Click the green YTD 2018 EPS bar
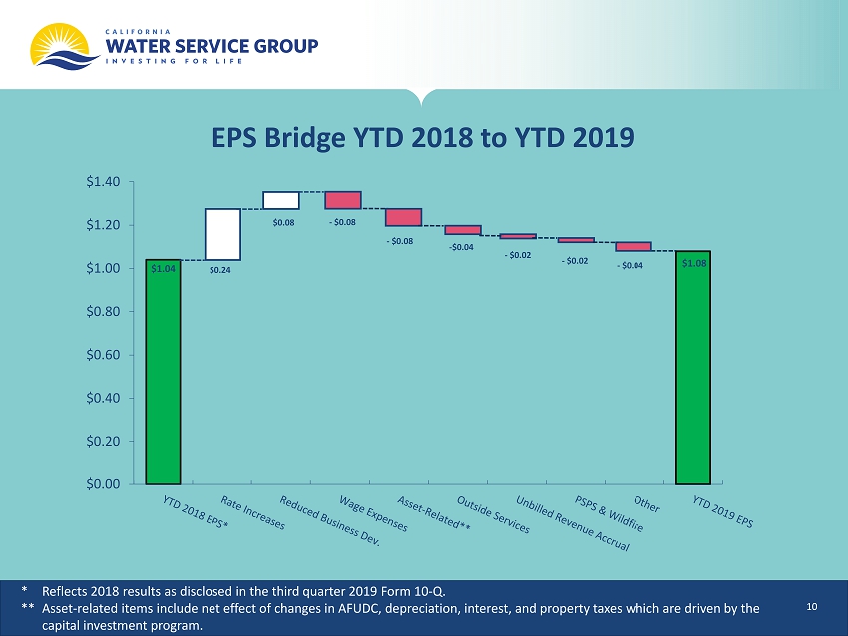click(x=163, y=372)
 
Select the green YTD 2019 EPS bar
click(x=693, y=368)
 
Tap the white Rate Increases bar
click(x=222, y=234)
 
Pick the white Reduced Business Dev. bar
click(x=281, y=200)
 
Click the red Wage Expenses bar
click(x=343, y=200)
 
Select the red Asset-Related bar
click(x=403, y=217)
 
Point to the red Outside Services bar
click(x=463, y=230)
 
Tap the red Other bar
click(x=634, y=246)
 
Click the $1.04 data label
click(x=163, y=268)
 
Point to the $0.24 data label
click(x=220, y=270)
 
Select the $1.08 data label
click(x=694, y=264)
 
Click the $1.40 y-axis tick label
click(x=103, y=182)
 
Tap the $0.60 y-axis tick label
click(x=103, y=355)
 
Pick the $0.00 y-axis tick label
click(x=103, y=484)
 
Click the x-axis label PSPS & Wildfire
click(x=609, y=513)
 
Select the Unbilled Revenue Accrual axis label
click(x=573, y=523)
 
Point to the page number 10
click(x=812, y=607)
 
